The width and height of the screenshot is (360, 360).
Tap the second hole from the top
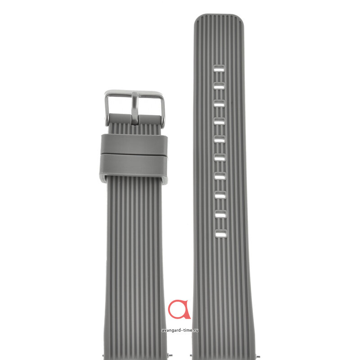(x=219, y=86)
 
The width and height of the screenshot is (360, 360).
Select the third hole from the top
(x=219, y=104)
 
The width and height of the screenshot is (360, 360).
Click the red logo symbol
(x=180, y=310)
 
